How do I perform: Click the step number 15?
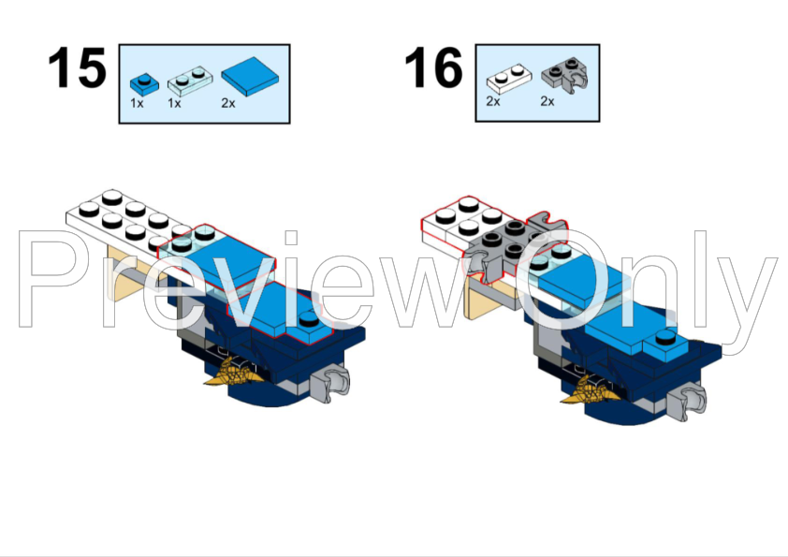pos(77,67)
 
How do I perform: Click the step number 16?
pos(433,67)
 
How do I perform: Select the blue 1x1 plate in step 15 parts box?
pos(144,83)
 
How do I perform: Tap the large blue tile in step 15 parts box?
pos(250,76)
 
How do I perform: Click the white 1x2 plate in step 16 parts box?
pos(509,79)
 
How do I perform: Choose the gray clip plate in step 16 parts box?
pos(565,76)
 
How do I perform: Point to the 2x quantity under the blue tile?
pos(228,103)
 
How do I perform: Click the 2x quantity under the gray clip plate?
pos(547,101)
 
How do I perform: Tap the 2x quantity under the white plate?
pos(493,101)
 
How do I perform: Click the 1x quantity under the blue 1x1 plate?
pos(137,103)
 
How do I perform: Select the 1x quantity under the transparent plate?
pos(174,103)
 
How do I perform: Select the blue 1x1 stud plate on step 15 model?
pos(308,327)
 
